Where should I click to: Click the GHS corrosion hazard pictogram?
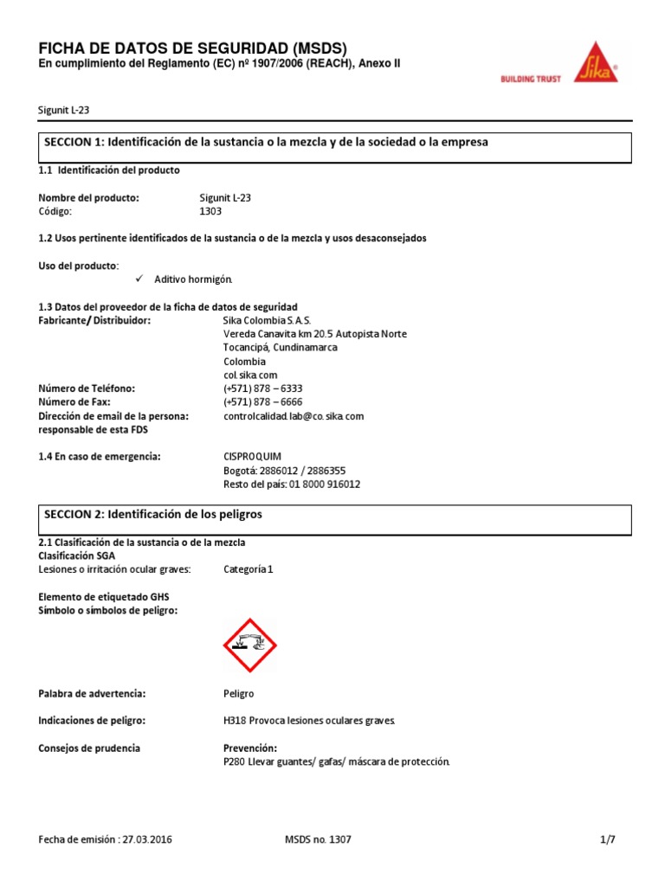(x=250, y=645)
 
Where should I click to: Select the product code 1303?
(x=211, y=211)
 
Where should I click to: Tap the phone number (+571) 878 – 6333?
(x=262, y=388)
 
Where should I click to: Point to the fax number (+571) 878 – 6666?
(x=262, y=402)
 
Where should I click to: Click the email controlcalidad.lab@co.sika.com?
(x=294, y=416)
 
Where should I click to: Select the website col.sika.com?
(x=250, y=375)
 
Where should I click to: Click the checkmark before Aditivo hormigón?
(x=141, y=279)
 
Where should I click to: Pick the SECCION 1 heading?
(x=266, y=142)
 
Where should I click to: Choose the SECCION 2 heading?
(x=153, y=514)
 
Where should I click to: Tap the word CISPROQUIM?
(x=253, y=456)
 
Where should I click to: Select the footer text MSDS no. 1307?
(x=318, y=839)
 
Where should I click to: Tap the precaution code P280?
(x=235, y=761)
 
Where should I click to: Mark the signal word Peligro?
(x=239, y=694)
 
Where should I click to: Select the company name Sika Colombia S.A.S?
(x=261, y=320)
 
